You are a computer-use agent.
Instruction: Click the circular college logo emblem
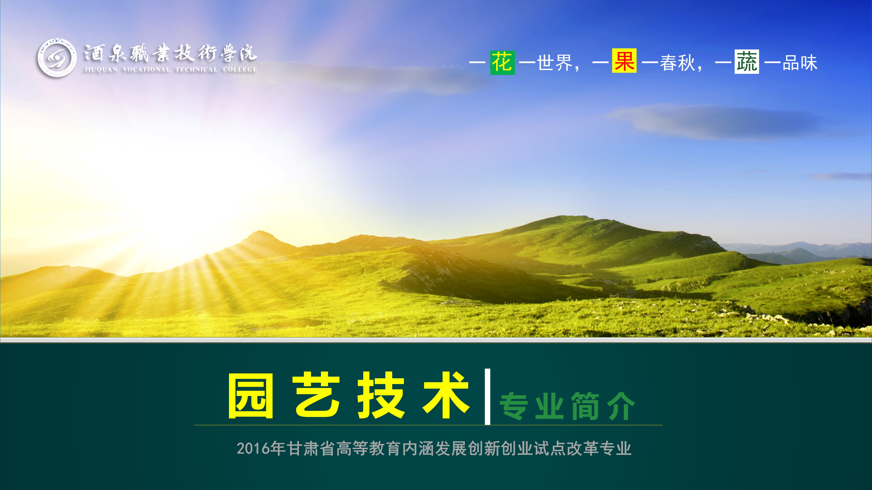click(x=57, y=57)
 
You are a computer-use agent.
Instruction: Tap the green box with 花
click(x=502, y=63)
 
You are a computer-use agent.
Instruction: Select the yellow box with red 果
click(x=624, y=61)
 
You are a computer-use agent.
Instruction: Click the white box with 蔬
click(x=747, y=62)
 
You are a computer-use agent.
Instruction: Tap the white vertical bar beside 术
click(x=487, y=397)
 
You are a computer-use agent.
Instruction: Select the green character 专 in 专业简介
click(x=514, y=406)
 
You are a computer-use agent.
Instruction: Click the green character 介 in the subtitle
click(x=621, y=406)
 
